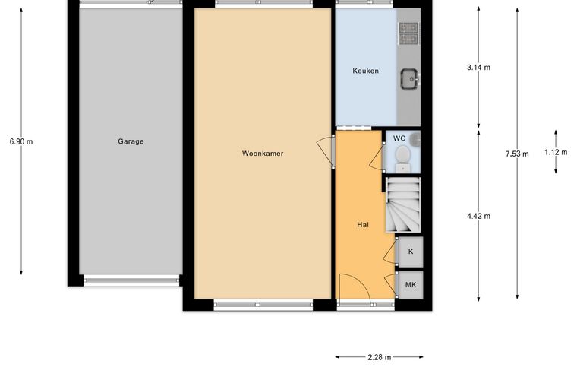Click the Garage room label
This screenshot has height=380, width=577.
coord(131,141)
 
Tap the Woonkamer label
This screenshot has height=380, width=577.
coord(263,154)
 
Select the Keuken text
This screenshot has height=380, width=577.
coord(365,71)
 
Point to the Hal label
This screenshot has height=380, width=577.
coord(363,225)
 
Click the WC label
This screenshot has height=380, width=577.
coord(399,138)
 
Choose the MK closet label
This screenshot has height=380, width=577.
coord(411,285)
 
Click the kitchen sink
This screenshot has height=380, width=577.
coord(409,79)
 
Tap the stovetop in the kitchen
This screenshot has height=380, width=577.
coord(408,33)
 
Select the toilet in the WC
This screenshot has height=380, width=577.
coord(403,158)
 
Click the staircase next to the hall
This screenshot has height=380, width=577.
coord(403,204)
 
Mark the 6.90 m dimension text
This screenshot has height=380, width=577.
coord(21,141)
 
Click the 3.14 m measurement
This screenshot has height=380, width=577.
coord(478,68)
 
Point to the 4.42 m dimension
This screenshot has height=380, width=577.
coord(478,216)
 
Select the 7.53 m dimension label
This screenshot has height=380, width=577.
coord(517,154)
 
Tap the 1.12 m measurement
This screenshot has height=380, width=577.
coord(556,152)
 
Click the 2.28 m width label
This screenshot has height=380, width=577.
coord(380,357)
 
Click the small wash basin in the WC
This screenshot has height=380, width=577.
coord(416,138)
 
